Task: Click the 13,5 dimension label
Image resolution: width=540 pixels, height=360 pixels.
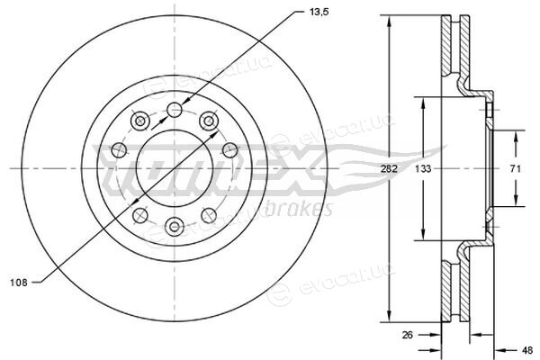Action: point(319,13)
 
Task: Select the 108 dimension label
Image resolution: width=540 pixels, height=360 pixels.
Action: point(19,283)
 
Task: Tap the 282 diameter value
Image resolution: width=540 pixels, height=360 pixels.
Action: point(389,169)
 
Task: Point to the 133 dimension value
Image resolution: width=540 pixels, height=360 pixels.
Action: point(423,169)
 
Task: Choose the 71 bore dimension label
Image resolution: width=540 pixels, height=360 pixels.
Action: point(516,169)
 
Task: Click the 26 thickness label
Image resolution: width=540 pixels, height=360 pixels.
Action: point(408,335)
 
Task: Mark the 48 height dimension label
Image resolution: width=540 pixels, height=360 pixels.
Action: point(527,350)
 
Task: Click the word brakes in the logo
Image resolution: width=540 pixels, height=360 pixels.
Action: point(299,209)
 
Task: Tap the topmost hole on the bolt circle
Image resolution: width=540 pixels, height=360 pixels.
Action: point(175,110)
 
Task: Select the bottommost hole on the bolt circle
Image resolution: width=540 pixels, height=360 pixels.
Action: point(175,227)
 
